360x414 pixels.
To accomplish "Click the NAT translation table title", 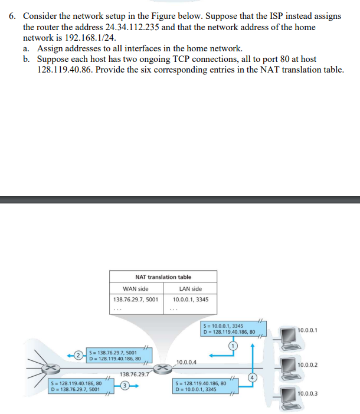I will pos(163,277).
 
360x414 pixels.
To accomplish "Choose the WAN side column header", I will pos(135,288).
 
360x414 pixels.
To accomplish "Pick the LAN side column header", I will pos(191,288).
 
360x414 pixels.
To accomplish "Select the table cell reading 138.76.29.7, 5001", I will pos(135,299).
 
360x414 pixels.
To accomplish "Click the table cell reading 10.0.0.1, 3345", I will pos(191,299).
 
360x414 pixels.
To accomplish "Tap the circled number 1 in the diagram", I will pos(233,344).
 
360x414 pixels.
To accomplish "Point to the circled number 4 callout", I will pos(253,377).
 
